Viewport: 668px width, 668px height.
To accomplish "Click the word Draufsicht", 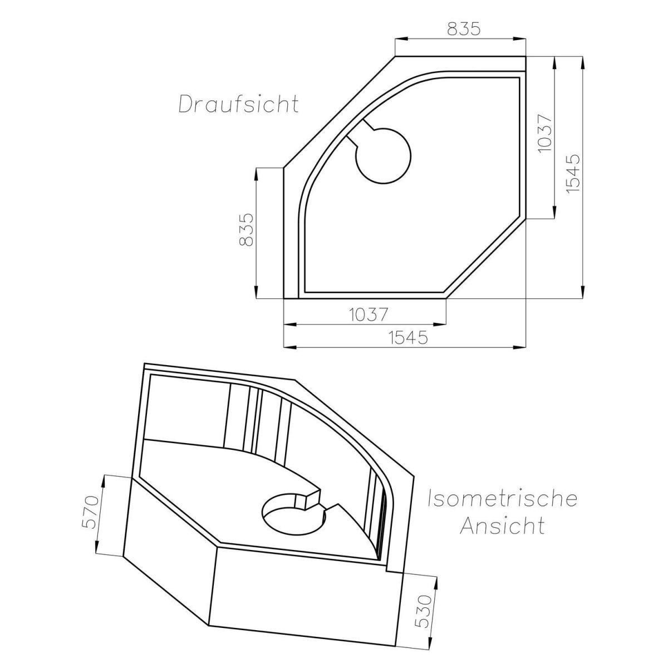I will coord(238,104).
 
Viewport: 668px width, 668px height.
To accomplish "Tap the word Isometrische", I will coord(502,499).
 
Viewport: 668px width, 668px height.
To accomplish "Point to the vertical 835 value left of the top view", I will coord(246,229).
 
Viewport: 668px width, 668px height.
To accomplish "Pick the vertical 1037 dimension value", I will coord(544,134).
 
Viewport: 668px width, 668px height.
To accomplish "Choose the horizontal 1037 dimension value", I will coord(369,315).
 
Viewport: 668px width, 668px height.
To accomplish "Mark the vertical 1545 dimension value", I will coord(573,173).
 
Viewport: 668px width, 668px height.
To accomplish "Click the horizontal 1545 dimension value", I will coord(409,337).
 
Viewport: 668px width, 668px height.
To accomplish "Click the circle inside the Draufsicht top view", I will coord(383,155).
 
